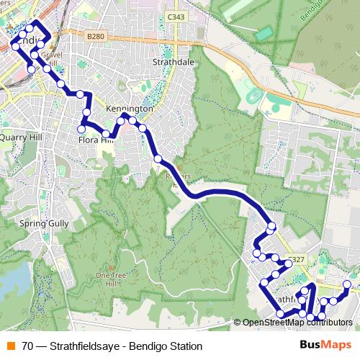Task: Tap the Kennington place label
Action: point(129,108)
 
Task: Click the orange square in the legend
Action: point(9,346)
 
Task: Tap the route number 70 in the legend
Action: point(27,346)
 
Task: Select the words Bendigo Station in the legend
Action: point(165,346)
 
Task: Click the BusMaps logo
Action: point(325,346)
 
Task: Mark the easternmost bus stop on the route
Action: point(348,285)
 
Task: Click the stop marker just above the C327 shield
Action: point(271,227)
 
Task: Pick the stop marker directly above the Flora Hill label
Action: point(86,113)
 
